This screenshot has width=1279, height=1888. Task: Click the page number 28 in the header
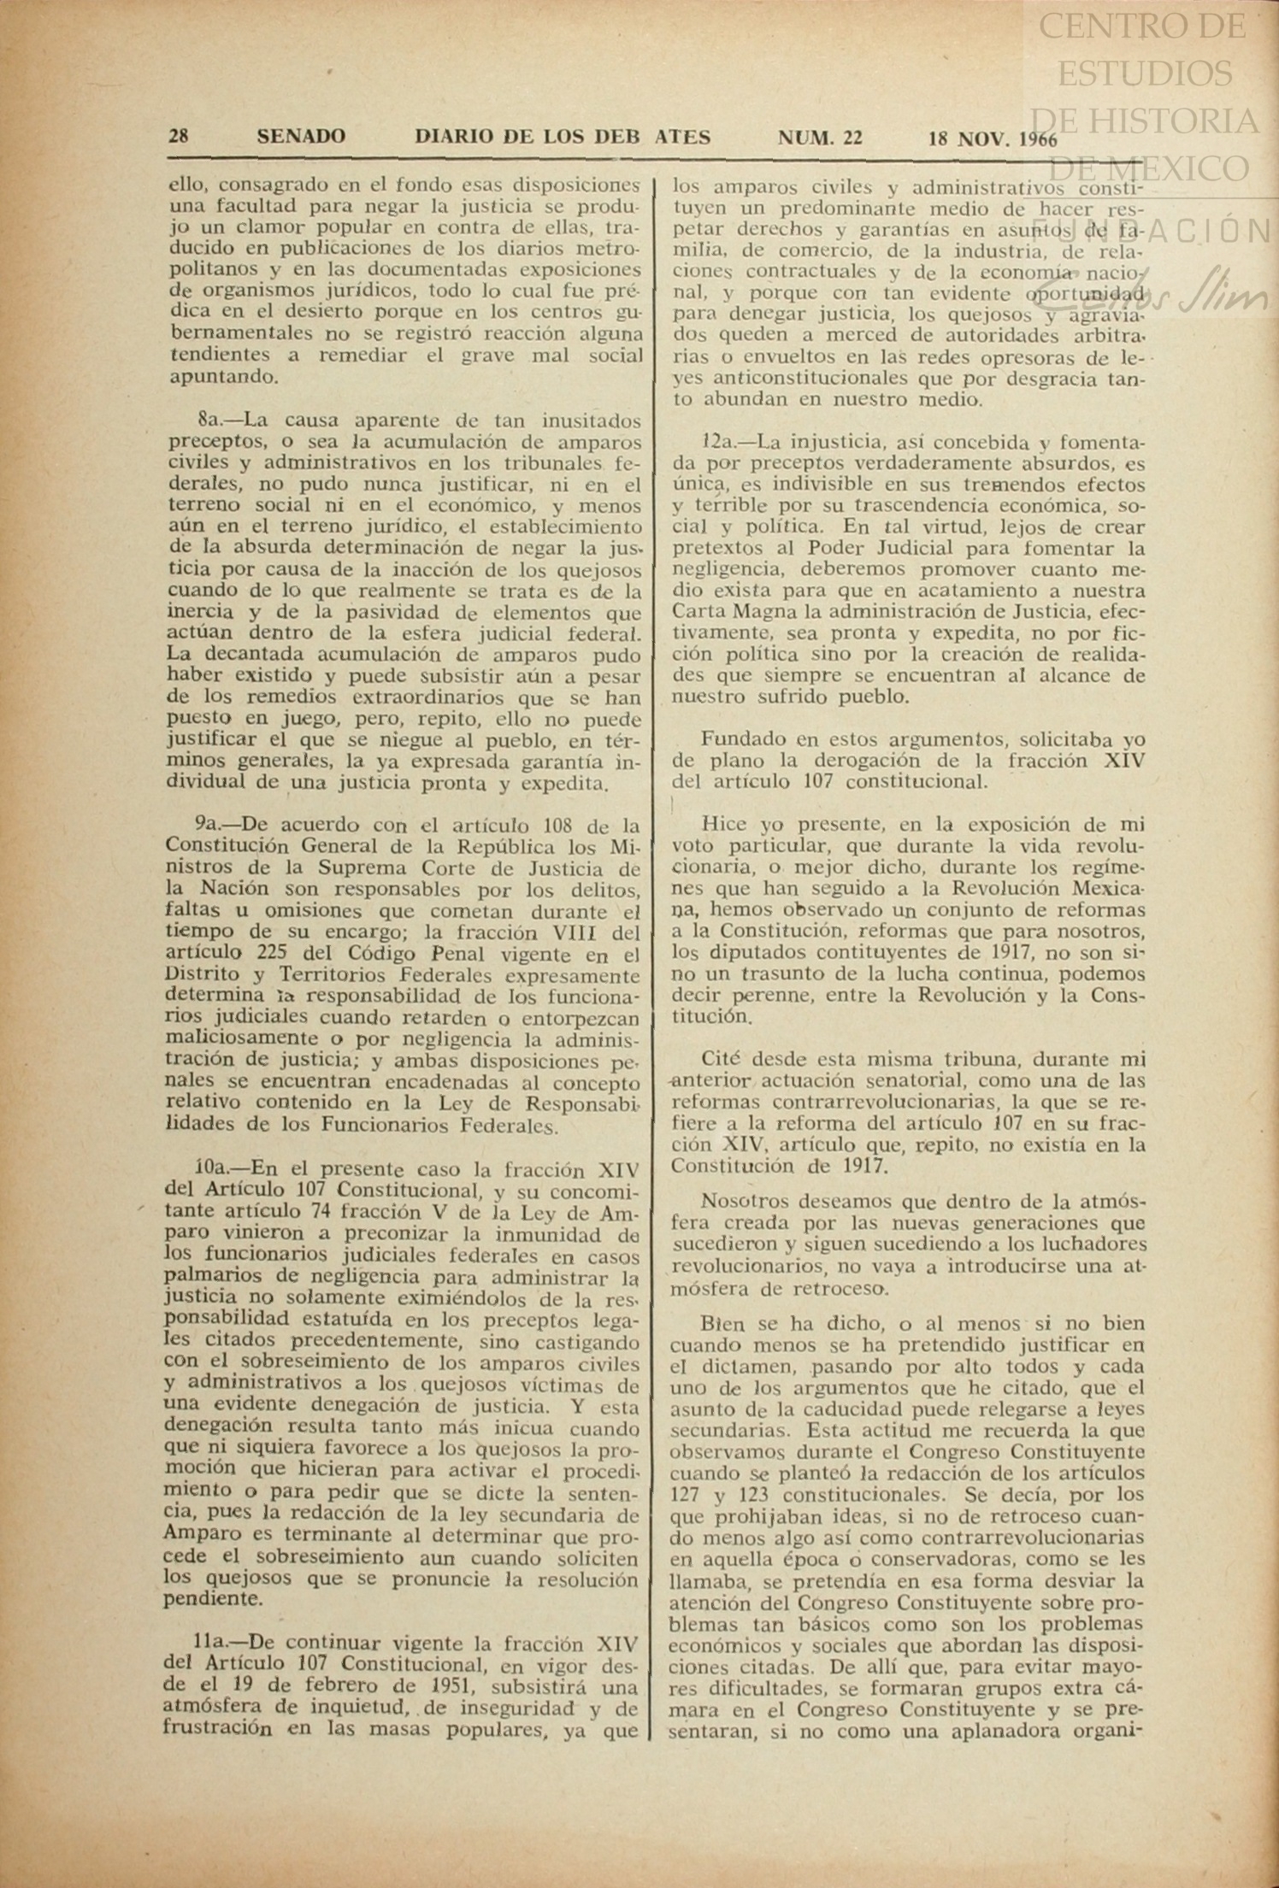pyautogui.click(x=179, y=137)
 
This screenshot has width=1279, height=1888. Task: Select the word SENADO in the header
pyautogui.click(x=301, y=137)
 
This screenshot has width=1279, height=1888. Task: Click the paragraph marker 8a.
pyautogui.click(x=209, y=421)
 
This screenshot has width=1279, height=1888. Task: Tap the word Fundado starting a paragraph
pyautogui.click(x=738, y=740)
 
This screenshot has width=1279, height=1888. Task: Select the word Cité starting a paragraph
pyautogui.click(x=722, y=1059)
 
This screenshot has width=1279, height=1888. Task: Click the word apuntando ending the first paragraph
pyautogui.click(x=210, y=377)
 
